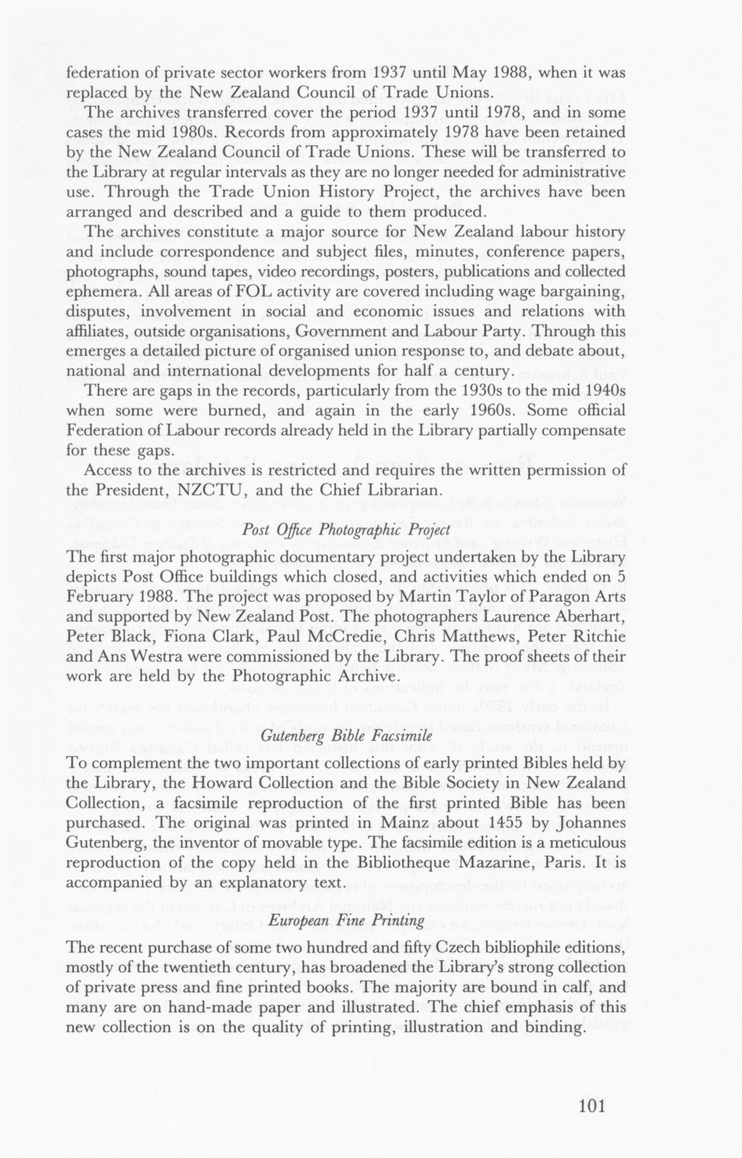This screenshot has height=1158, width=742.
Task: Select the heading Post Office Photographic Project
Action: pyautogui.click(x=346, y=531)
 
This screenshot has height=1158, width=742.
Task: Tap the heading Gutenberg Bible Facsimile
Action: pyautogui.click(x=346, y=736)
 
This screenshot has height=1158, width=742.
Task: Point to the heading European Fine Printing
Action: pyautogui.click(x=346, y=921)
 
